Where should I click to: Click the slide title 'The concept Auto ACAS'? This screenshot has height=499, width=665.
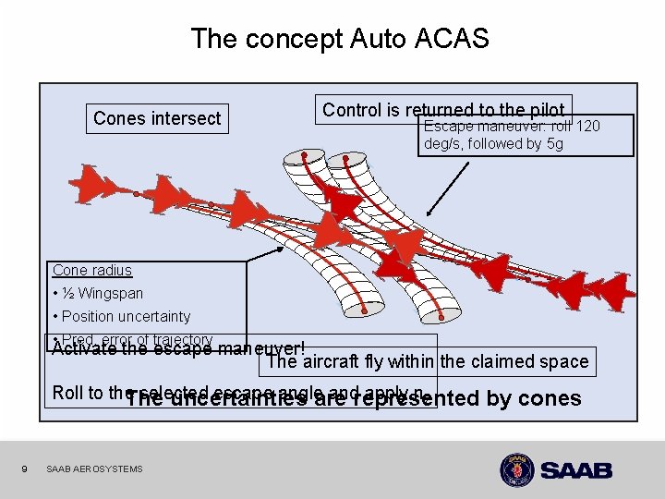339,39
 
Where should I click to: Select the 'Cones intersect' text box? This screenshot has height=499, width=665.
157,118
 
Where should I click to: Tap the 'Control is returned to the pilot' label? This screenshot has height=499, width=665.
443,110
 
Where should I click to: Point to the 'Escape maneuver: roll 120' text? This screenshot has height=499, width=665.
512,126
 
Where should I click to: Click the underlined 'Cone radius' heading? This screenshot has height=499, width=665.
92,271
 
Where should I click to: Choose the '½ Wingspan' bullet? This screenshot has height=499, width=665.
98,294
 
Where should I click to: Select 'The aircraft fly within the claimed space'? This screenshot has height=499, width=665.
427,361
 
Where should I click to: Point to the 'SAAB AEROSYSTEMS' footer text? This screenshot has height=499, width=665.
94,469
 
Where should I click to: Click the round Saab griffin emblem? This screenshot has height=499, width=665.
517,469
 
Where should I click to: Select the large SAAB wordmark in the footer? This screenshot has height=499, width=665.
576,470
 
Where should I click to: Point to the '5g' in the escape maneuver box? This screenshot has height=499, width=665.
553,144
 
